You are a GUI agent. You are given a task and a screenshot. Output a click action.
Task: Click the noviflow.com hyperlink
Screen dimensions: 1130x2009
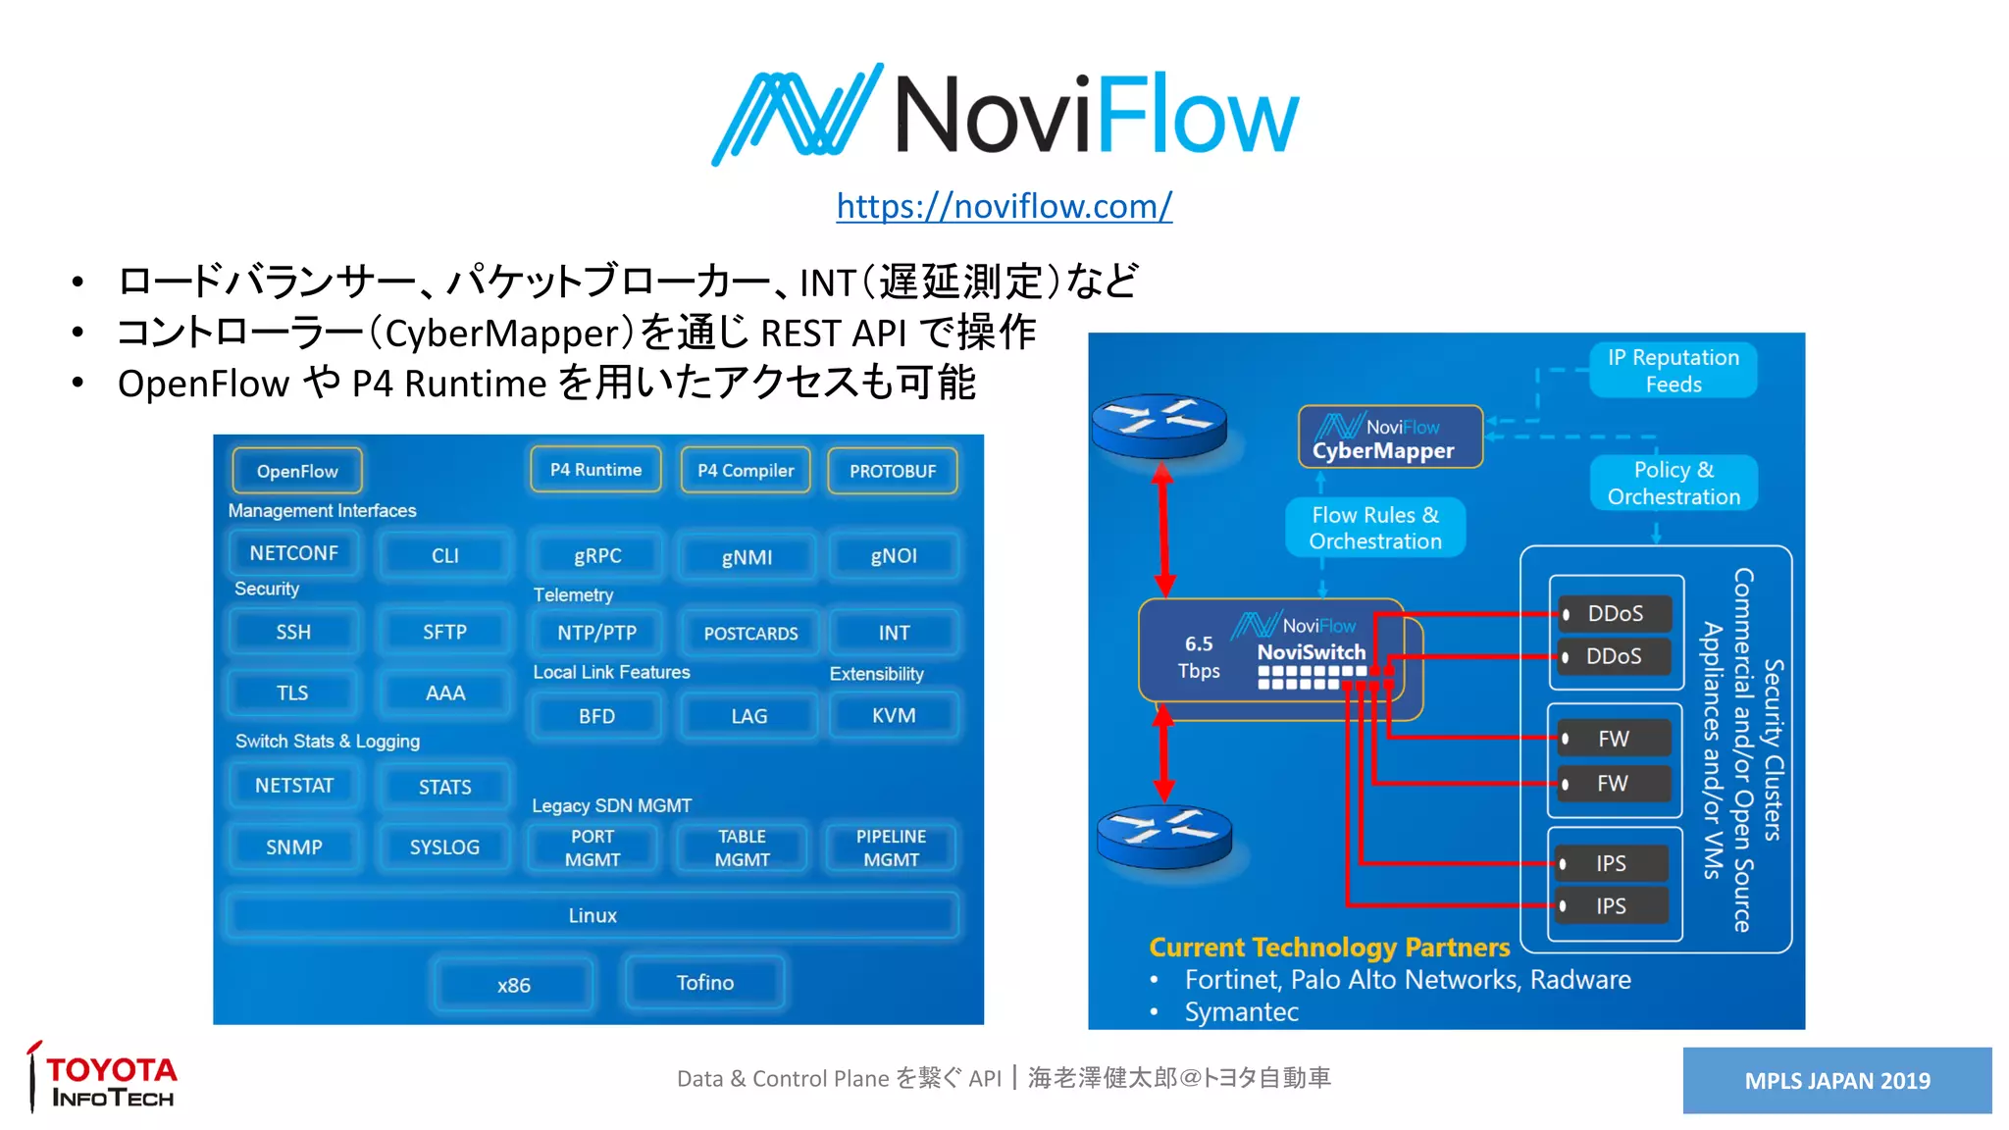click(1004, 206)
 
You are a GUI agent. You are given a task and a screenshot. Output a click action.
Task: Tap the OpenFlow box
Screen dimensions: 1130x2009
click(297, 471)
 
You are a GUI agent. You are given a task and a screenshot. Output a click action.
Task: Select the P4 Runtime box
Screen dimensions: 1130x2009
click(595, 470)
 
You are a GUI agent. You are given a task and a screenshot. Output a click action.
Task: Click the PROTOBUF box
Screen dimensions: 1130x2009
click(892, 471)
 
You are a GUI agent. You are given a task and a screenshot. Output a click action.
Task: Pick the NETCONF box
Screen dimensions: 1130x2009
click(293, 553)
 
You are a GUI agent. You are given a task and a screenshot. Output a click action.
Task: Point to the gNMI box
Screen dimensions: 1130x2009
click(747, 557)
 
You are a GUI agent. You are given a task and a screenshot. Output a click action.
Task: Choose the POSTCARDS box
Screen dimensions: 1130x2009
click(750, 634)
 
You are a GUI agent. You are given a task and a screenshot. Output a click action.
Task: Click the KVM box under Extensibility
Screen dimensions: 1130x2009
click(893, 716)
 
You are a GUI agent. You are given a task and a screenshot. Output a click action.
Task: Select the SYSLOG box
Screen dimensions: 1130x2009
click(444, 847)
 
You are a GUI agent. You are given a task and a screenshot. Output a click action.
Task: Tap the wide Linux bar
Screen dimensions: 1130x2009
click(592, 915)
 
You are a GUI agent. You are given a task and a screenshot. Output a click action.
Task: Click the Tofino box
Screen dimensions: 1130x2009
click(704, 983)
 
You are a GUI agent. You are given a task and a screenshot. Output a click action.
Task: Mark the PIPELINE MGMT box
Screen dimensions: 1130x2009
click(891, 848)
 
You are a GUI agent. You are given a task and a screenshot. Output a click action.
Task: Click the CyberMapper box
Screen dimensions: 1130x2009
click(1390, 437)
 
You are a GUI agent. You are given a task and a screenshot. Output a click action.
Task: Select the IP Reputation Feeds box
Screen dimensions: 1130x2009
click(1673, 371)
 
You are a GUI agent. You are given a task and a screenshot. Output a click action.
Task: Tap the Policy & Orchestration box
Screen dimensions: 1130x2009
click(1674, 483)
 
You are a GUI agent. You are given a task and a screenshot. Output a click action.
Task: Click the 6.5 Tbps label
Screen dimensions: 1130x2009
click(1199, 657)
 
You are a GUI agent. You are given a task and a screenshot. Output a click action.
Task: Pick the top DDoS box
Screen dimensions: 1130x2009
click(1614, 614)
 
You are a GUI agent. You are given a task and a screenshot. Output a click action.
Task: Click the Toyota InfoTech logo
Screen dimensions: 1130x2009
click(103, 1079)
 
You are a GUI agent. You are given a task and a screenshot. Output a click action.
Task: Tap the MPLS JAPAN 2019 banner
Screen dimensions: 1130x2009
click(1836, 1080)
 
